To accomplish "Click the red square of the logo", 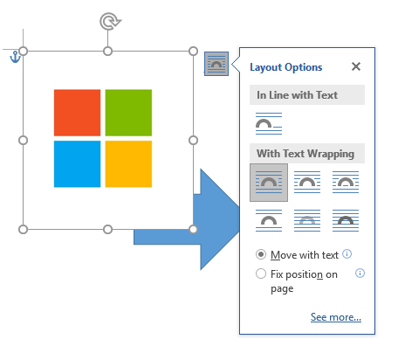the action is point(77,113).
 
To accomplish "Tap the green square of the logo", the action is point(128,113).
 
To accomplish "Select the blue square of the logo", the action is point(77,164).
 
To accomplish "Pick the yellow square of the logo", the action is point(128,164).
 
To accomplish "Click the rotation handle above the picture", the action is point(110,21).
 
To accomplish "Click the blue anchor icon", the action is point(15,57).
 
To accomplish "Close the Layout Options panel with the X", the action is point(356,66).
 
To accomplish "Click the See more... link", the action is point(336,317).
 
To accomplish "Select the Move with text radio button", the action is point(261,254).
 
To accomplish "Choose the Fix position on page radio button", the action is point(261,273).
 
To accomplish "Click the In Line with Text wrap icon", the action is point(269,123).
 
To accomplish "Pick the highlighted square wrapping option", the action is point(269,183).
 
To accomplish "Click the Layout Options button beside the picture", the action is point(216,64).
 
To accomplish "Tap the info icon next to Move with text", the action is point(347,254).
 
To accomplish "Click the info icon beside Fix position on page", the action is point(360,273).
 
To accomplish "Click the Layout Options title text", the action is point(286,67).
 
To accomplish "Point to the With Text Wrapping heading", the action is point(305,154).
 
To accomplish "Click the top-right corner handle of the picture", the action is point(193,52).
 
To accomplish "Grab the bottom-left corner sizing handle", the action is point(24,229).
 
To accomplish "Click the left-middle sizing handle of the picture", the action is point(24,140).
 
